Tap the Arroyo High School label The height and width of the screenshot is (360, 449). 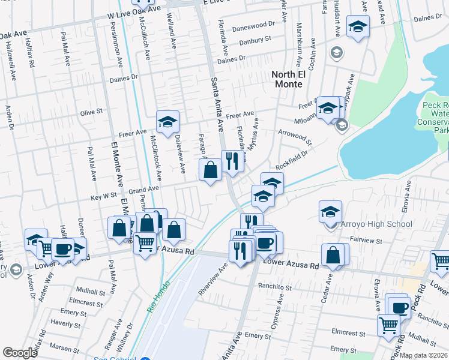point(376,224)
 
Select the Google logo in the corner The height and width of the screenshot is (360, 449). point(20,352)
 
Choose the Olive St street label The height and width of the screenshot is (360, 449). point(92,112)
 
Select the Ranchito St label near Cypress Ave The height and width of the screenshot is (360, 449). point(275,287)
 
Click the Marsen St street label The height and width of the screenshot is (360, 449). point(60,346)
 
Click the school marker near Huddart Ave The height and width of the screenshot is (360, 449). point(358,26)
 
